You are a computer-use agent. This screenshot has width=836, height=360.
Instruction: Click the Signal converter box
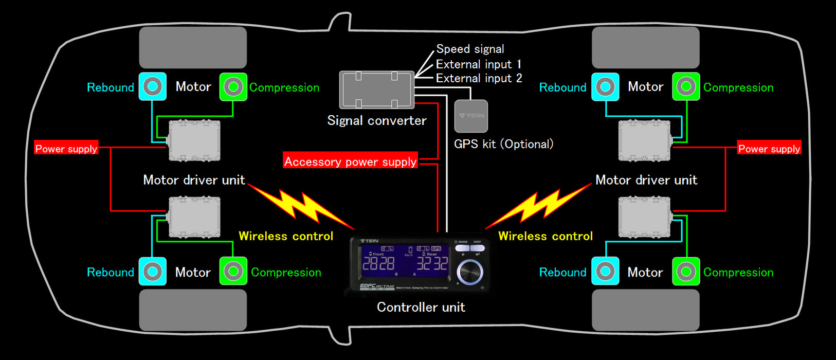(x=376, y=90)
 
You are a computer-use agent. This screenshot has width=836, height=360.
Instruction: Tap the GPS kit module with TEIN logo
(x=471, y=116)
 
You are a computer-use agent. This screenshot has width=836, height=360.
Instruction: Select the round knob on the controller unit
(x=469, y=271)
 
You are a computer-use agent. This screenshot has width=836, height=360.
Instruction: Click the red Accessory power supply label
(x=351, y=161)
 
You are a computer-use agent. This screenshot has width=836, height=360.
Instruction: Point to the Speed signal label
(x=470, y=49)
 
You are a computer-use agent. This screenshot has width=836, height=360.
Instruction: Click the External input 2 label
(x=479, y=78)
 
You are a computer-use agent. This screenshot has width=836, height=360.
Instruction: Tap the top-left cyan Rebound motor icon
(x=153, y=86)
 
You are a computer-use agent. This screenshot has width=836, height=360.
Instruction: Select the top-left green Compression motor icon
(x=233, y=86)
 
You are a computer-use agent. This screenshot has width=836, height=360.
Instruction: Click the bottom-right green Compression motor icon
(x=686, y=271)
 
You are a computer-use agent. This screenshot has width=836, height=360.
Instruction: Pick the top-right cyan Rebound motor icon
(x=605, y=86)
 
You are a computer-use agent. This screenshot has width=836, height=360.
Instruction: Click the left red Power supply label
(x=66, y=149)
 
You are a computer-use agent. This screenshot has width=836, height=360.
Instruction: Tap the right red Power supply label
(x=769, y=149)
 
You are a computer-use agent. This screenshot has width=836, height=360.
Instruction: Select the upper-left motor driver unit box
(x=194, y=140)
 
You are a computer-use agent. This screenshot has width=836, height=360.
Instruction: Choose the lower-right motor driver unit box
(x=645, y=218)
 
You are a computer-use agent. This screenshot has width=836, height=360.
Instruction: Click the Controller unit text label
(x=421, y=307)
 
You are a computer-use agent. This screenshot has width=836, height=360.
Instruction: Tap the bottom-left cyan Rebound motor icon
(x=153, y=271)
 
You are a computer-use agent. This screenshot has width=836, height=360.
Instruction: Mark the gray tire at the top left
(x=193, y=48)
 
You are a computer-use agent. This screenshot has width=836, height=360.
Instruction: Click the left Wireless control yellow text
(x=286, y=236)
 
